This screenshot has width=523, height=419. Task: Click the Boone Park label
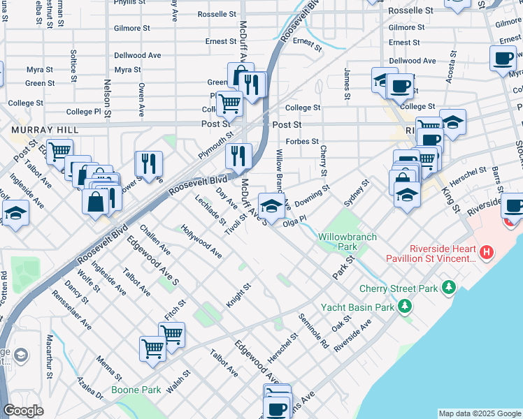136,390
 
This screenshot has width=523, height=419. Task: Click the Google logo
23,411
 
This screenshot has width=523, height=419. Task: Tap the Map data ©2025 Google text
480,413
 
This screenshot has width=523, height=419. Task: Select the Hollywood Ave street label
201,242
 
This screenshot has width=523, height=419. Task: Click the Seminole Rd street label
313,330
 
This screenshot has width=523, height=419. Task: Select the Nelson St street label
108,92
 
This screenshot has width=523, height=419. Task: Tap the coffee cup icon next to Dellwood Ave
502,58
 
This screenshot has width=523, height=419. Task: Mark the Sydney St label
356,193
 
